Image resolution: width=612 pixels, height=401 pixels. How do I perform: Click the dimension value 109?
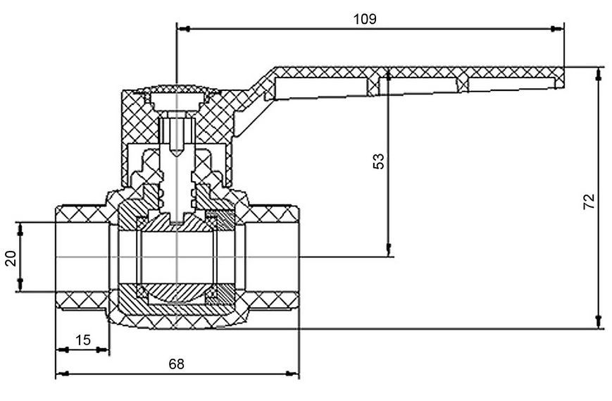click(365, 19)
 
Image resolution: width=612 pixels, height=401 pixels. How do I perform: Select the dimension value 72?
click(589, 201)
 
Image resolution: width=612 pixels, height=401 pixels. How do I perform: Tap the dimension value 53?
click(378, 161)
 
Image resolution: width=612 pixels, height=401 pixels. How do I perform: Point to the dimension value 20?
click(11, 258)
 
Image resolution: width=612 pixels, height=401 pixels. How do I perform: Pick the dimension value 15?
click(82, 340)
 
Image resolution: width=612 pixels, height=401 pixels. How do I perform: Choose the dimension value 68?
click(176, 364)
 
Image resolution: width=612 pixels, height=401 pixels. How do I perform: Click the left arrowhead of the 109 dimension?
click(183, 28)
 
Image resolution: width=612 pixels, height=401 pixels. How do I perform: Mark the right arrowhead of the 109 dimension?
click(557, 28)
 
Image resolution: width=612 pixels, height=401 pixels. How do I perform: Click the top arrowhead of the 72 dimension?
click(598, 74)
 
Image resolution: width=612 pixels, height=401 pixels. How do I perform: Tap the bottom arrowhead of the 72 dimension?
click(598, 322)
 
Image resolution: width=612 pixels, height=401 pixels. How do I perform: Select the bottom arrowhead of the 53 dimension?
click(388, 250)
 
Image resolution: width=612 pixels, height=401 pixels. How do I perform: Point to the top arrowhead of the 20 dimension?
click(20, 229)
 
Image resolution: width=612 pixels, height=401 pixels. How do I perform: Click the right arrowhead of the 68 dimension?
click(292, 374)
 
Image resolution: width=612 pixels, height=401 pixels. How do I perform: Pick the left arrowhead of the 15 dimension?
click(63, 350)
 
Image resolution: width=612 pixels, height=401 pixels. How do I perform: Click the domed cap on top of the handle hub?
click(177, 89)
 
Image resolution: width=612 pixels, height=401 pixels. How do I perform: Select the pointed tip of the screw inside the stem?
click(177, 155)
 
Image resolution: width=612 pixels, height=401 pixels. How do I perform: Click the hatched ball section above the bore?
click(177, 222)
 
